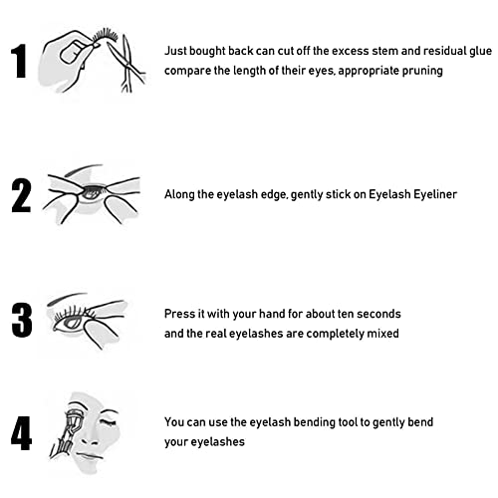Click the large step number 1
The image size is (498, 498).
[19, 62]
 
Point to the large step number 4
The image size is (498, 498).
[21, 433]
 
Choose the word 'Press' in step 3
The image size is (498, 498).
[180, 313]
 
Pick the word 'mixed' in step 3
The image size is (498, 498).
[379, 334]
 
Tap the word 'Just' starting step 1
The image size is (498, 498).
[176, 49]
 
